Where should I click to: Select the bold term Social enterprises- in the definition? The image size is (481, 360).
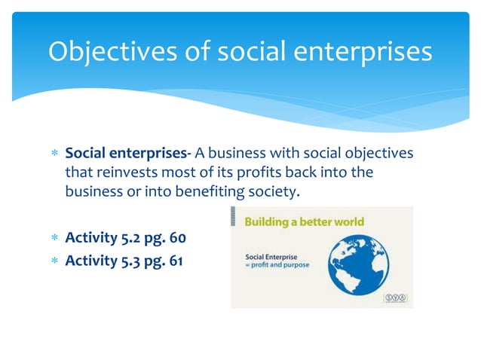tap(127, 154)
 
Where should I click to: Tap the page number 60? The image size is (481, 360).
tap(175, 239)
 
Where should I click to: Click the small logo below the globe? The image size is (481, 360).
tap(395, 298)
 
